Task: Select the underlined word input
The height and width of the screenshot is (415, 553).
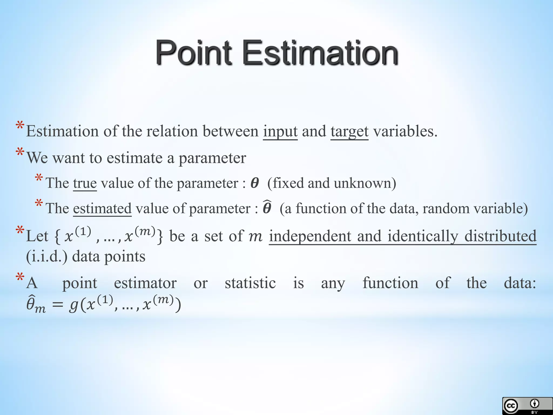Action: click(280, 132)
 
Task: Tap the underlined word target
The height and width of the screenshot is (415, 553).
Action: click(349, 132)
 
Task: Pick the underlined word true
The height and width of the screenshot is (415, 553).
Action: click(85, 183)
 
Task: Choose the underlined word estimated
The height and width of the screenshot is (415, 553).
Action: click(102, 209)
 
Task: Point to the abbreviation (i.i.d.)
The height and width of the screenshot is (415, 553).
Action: click(47, 256)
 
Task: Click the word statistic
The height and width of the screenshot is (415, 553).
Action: click(250, 283)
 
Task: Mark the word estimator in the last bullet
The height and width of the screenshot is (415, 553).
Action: click(145, 283)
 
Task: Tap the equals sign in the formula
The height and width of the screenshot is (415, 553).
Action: click(58, 305)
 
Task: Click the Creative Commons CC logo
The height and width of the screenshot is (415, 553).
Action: click(511, 406)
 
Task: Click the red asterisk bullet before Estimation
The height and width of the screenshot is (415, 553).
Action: click(20, 126)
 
